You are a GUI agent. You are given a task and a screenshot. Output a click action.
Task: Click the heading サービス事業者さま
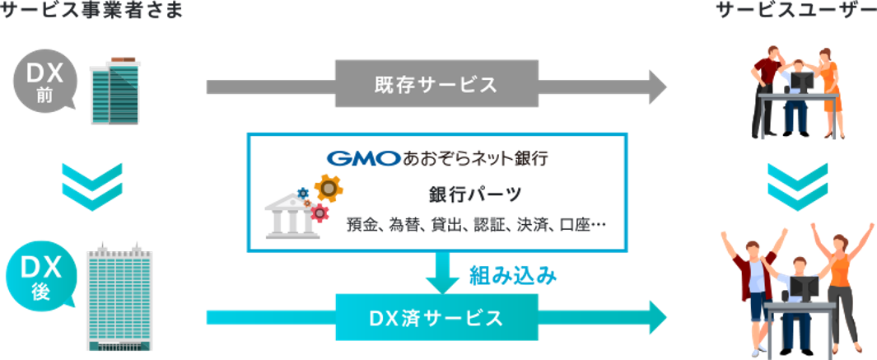click(91, 11)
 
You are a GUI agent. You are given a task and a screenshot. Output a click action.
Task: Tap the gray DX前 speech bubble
click(44, 83)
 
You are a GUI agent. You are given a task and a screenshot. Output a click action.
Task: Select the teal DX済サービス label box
click(436, 317)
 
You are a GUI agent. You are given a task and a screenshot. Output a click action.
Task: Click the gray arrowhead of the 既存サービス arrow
click(656, 85)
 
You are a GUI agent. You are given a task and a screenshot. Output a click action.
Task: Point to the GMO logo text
click(362, 157)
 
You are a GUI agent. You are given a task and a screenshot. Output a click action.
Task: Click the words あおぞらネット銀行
click(474, 157)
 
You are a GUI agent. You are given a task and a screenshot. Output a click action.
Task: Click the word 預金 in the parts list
click(362, 223)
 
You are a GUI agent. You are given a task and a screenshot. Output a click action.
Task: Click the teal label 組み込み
click(512, 276)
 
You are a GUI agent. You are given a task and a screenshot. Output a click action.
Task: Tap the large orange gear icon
click(329, 189)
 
